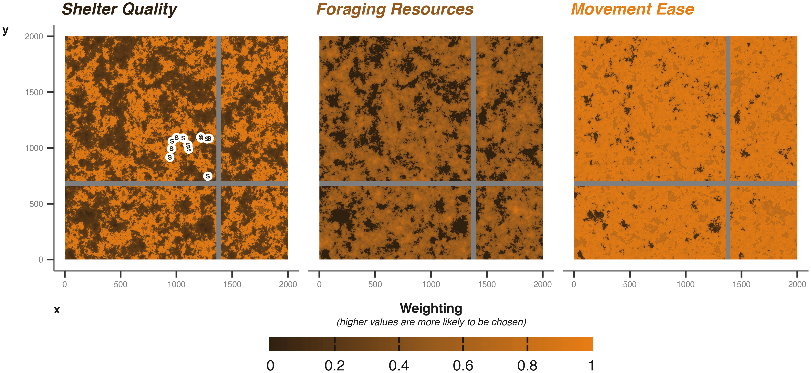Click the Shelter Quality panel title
tap(119, 9)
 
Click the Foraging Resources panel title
tap(395, 9)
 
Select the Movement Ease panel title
tap(632, 9)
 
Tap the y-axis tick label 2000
tap(34, 36)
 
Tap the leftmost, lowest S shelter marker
tap(170, 157)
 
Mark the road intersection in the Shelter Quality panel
tap(219, 184)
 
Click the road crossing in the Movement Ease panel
tap(728, 184)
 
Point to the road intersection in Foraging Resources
tap(473, 184)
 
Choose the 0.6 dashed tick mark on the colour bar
tap(463, 344)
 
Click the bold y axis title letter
tap(5, 31)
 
